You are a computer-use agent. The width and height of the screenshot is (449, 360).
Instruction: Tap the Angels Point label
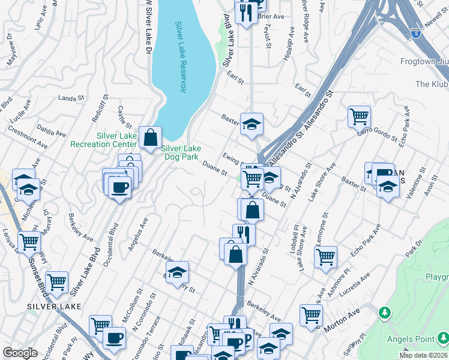point(410,339)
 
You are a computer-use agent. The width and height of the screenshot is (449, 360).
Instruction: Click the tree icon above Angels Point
point(385,313)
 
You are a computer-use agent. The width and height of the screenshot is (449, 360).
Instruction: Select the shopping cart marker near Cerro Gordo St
point(359,116)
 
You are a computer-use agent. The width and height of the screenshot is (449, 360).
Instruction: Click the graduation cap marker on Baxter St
point(252,124)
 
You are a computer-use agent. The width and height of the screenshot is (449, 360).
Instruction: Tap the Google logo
point(20,353)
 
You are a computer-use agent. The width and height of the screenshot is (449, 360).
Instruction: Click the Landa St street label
point(70,98)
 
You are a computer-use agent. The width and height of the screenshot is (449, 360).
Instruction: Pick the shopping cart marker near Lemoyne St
point(325,257)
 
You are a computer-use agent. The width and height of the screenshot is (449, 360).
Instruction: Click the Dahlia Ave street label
point(46,131)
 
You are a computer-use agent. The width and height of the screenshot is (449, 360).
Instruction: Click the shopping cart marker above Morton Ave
point(311,314)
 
